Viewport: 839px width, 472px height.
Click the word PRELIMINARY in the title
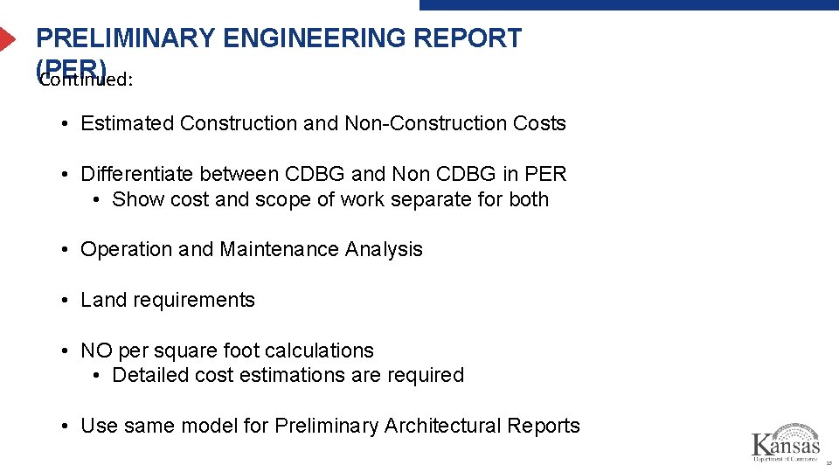[125, 38]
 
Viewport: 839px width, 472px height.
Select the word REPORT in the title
[470, 38]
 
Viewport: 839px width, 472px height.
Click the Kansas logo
[786, 442]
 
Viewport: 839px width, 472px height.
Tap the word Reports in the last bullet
[545, 427]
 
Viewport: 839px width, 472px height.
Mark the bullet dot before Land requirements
[66, 301]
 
